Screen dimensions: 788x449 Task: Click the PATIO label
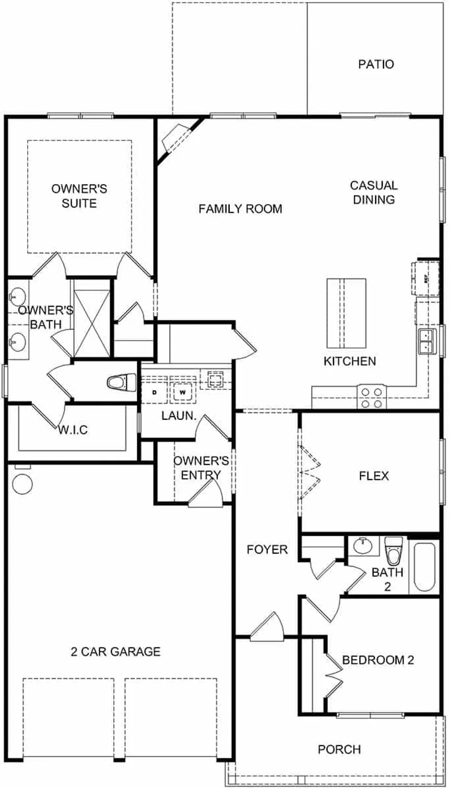[x=376, y=65]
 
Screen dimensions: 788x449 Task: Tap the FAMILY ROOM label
[x=240, y=209]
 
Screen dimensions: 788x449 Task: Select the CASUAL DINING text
[x=374, y=192]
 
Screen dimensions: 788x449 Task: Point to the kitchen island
[x=346, y=313]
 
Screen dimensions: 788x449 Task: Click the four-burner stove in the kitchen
[x=371, y=397]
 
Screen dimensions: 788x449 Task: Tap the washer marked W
[x=183, y=391]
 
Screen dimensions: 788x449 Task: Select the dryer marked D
[x=155, y=391]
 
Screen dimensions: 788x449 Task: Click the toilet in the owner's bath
[x=120, y=382]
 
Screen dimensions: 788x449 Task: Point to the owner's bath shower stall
[x=91, y=320]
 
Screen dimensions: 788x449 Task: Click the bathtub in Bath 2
[x=425, y=567]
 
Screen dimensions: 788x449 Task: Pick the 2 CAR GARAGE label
[x=115, y=651]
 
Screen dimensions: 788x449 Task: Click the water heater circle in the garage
[x=22, y=483]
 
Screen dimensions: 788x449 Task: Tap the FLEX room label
[x=374, y=476]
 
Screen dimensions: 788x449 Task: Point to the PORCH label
[x=339, y=749]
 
